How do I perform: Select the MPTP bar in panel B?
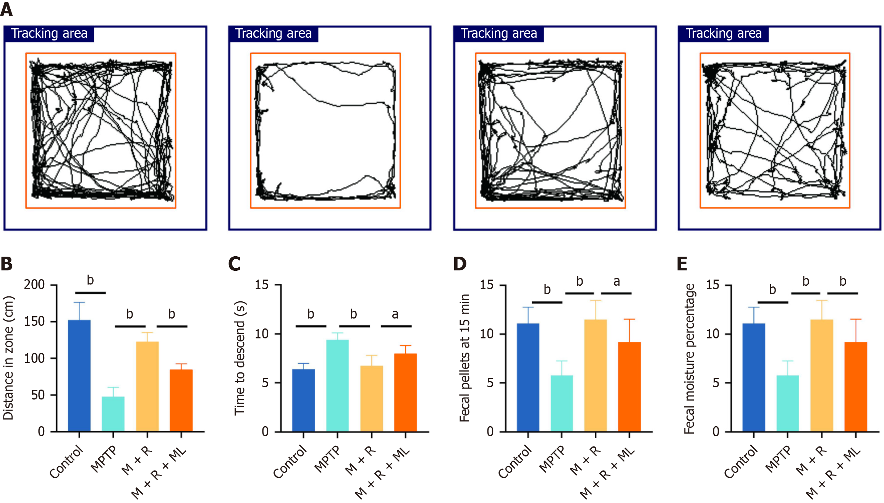tap(113, 414)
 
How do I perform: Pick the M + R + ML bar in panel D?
tap(629, 387)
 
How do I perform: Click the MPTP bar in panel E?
tap(787, 403)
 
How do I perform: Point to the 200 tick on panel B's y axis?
tap(34, 285)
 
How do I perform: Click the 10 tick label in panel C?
tap(262, 334)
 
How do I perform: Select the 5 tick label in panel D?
tap(490, 383)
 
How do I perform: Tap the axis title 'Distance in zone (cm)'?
tap(8, 358)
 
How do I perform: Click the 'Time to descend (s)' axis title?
tap(240, 358)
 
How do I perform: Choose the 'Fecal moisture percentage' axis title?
tap(689, 359)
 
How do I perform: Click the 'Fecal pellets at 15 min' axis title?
tap(464, 358)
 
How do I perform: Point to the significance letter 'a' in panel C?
tap(395, 314)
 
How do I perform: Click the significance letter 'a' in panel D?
tap(617, 282)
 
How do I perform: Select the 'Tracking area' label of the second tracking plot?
tap(274, 34)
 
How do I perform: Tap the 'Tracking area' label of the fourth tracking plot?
tap(724, 34)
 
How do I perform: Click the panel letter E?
tap(682, 264)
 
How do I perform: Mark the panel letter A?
tap(6, 9)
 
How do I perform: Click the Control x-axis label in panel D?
tap(515, 462)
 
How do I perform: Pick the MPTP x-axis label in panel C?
tap(327, 459)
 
